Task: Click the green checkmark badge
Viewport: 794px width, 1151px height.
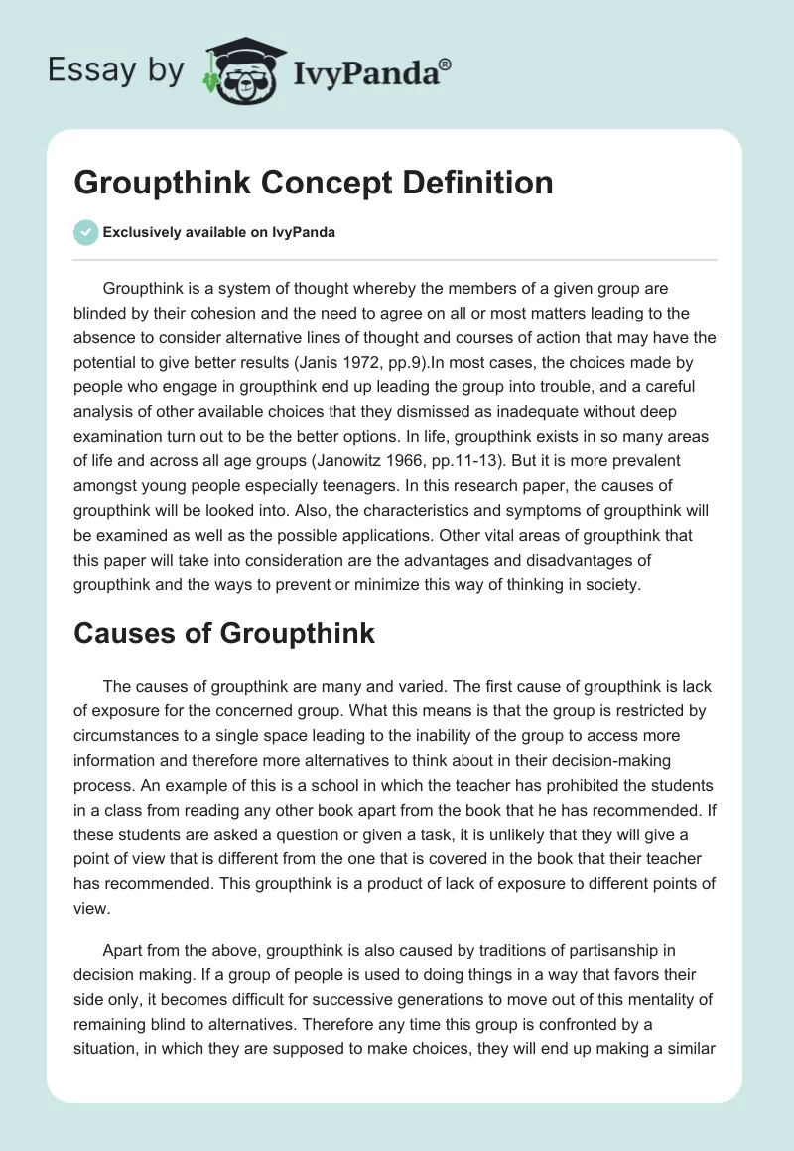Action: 85,232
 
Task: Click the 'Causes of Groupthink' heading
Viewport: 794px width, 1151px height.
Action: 224,633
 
